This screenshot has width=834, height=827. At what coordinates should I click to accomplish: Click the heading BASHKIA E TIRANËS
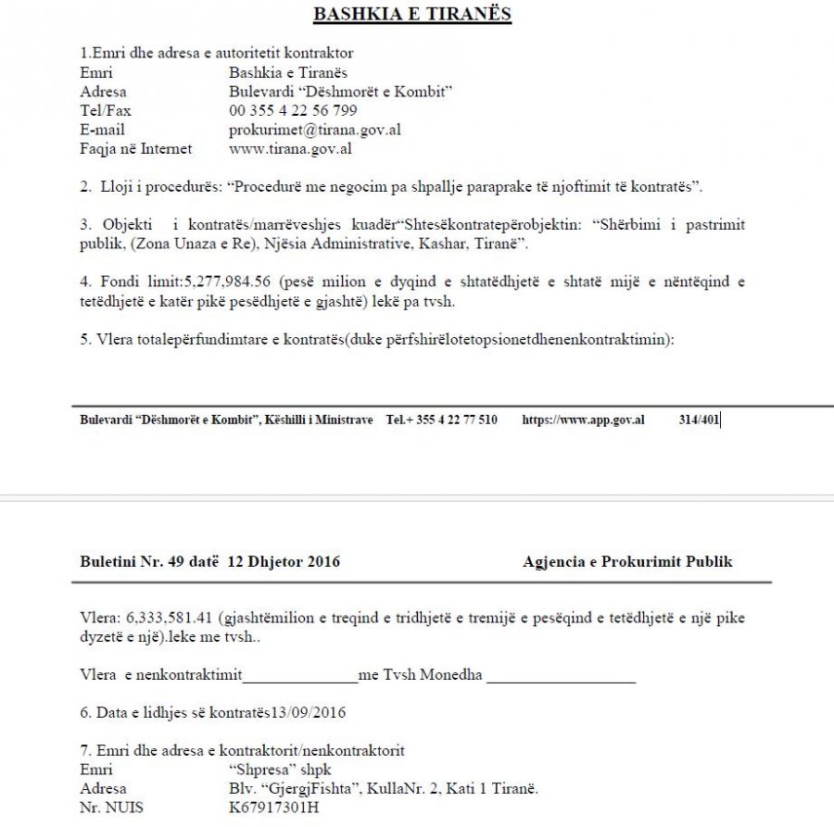click(x=411, y=14)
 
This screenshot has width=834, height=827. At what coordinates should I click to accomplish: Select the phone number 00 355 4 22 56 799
click(x=293, y=110)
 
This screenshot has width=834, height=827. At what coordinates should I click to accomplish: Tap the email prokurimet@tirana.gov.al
click(x=315, y=130)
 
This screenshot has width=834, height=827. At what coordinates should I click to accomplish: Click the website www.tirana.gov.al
click(x=290, y=148)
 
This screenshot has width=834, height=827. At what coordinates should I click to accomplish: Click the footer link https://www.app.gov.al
click(x=583, y=420)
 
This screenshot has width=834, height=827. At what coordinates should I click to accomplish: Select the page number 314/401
click(x=699, y=420)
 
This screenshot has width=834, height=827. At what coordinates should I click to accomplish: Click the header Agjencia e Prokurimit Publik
click(x=627, y=561)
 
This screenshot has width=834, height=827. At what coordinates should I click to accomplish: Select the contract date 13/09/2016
click(x=313, y=712)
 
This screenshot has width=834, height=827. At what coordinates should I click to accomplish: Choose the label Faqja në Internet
click(x=135, y=148)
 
